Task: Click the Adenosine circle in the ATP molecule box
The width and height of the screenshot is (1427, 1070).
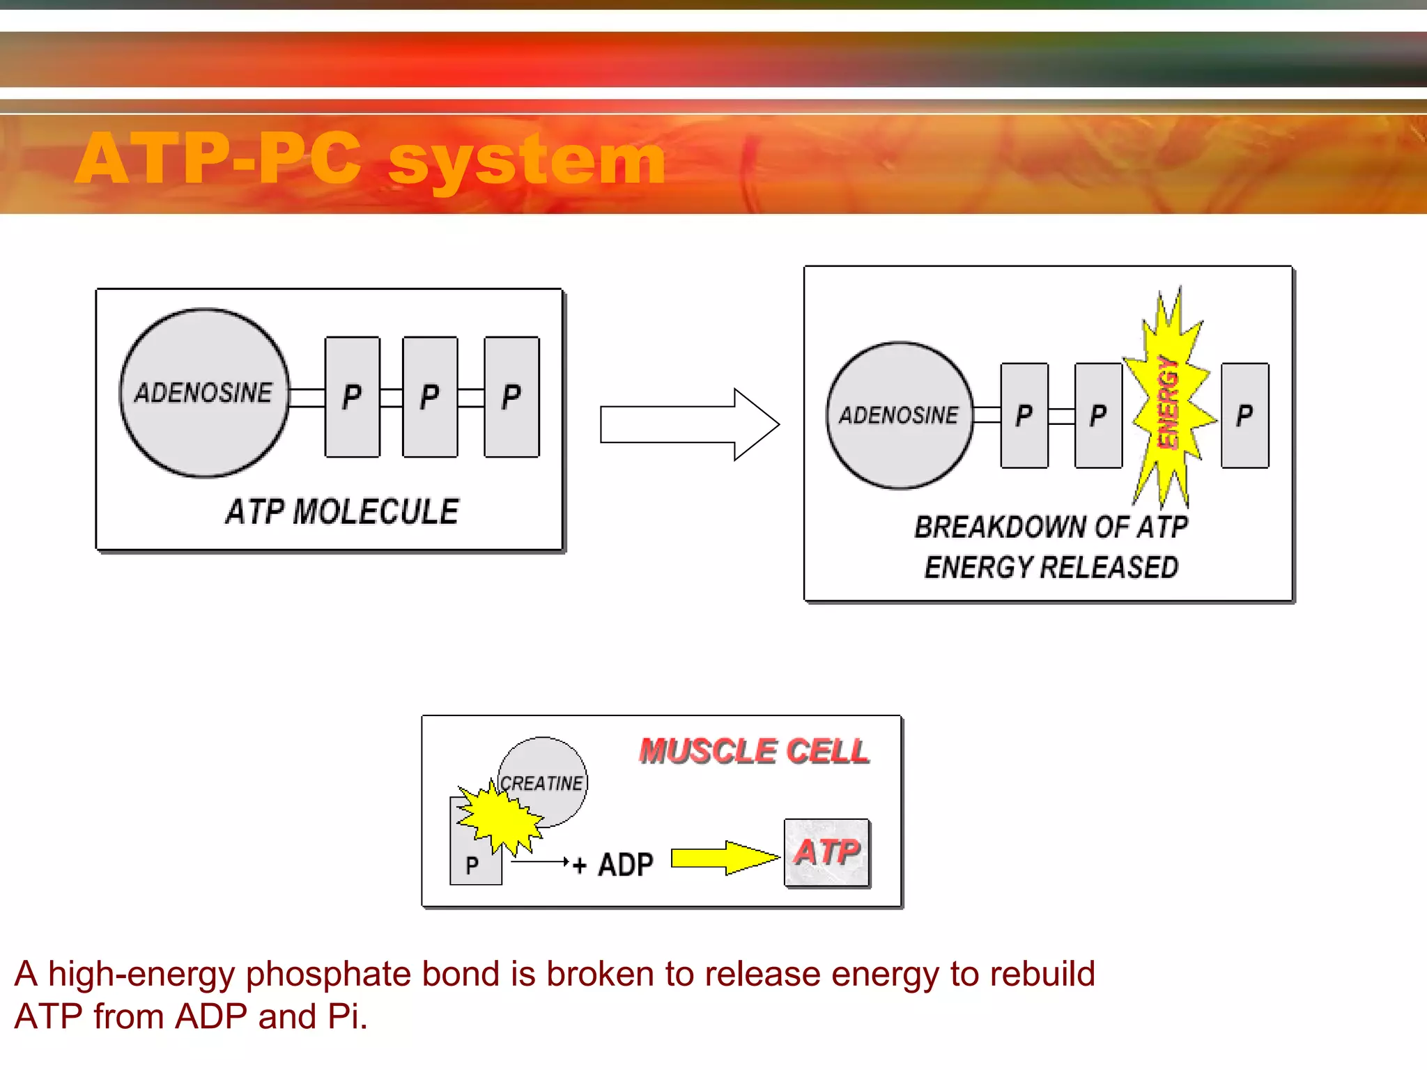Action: (204, 393)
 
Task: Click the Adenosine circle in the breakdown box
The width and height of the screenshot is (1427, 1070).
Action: (899, 415)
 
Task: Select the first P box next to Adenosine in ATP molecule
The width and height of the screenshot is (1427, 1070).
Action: (353, 397)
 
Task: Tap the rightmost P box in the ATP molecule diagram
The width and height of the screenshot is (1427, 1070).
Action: (511, 397)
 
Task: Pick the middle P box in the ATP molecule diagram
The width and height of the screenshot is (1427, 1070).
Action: (430, 397)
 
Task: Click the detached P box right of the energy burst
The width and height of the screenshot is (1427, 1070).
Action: (1244, 416)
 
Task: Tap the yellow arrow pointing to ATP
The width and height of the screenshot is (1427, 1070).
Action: (725, 858)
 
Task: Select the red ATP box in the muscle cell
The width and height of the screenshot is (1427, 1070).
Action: (827, 853)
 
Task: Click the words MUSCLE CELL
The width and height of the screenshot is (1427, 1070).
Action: (754, 752)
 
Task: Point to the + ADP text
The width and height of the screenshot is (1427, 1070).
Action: (613, 865)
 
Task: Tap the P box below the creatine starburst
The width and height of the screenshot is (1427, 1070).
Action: (474, 866)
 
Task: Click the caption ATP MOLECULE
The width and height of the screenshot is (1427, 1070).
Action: (341, 512)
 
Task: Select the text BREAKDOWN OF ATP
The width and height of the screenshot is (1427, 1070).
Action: (1051, 527)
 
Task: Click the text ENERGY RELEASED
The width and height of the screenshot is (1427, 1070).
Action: (1051, 568)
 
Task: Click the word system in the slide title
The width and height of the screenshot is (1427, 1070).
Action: (527, 160)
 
